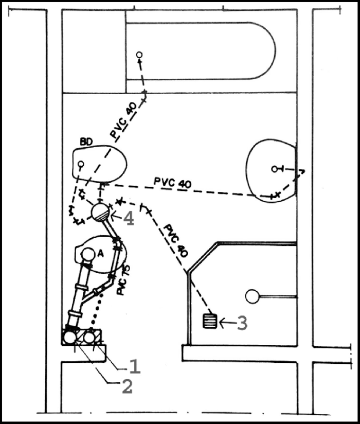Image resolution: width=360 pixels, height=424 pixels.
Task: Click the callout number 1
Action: [133, 366]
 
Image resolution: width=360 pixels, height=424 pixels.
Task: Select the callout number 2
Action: [127, 386]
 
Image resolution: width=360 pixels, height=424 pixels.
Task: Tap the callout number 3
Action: [242, 323]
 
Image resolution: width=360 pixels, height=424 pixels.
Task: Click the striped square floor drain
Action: [207, 322]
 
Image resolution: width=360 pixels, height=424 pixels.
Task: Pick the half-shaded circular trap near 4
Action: [100, 212]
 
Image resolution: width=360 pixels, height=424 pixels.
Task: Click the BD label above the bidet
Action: [86, 140]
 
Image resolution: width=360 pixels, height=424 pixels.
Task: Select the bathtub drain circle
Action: [139, 55]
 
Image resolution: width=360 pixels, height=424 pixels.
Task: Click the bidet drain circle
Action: [80, 165]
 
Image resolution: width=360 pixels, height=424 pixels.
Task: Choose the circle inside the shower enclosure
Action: [251, 296]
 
